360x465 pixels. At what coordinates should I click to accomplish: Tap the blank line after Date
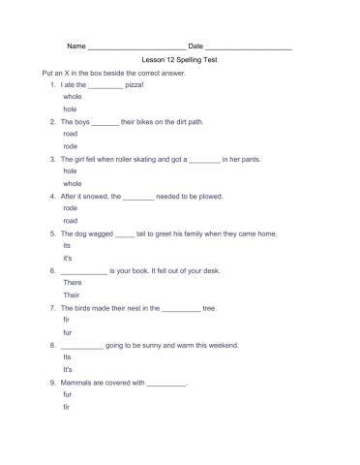click(x=249, y=47)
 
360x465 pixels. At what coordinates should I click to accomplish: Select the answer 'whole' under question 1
click(x=73, y=98)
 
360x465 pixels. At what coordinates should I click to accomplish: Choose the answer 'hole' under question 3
click(x=70, y=170)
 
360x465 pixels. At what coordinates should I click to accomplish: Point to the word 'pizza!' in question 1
click(x=136, y=85)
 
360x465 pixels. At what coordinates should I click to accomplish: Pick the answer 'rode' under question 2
click(x=71, y=146)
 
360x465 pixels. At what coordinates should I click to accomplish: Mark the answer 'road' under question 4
click(x=71, y=220)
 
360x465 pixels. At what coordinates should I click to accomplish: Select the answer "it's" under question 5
click(x=68, y=259)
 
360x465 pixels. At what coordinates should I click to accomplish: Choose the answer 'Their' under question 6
click(x=72, y=294)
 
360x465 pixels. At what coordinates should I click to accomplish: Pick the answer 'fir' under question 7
click(x=67, y=320)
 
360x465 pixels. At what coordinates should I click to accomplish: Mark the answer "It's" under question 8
click(x=68, y=370)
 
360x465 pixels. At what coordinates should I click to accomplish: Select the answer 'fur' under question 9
click(x=68, y=395)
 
